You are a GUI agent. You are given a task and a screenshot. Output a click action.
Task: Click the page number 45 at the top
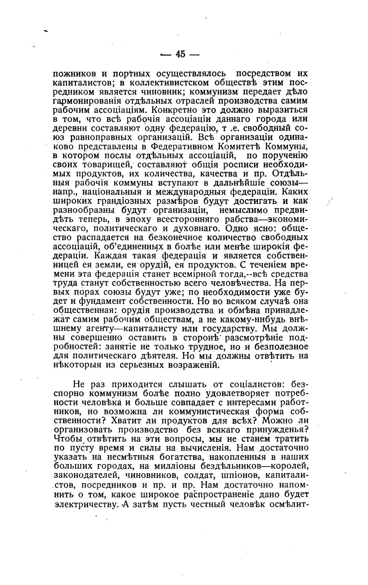(x=180, y=54)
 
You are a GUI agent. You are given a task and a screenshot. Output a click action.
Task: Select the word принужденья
(x=276, y=430)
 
